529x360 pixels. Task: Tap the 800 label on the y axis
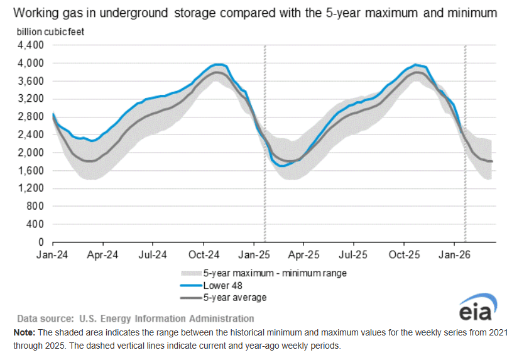[36, 207]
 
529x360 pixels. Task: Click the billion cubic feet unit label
[51, 31]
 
